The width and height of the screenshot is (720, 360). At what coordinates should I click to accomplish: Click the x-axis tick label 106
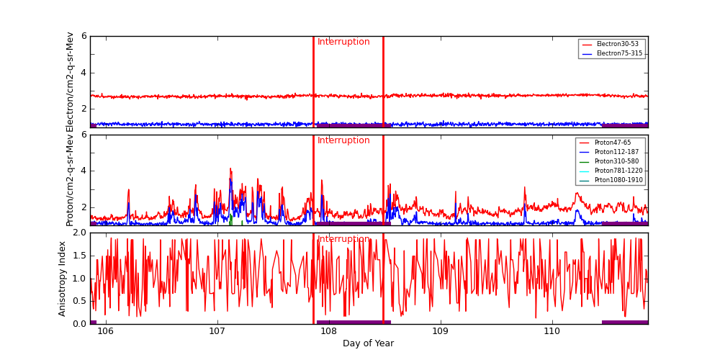tap(106, 332)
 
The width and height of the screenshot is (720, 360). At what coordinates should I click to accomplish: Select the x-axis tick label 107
tap(217, 332)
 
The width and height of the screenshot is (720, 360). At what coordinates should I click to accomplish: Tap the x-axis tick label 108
tap(329, 332)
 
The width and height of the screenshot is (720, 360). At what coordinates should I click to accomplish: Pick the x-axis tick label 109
tap(441, 332)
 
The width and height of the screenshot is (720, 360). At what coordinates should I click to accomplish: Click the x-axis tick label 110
tap(552, 332)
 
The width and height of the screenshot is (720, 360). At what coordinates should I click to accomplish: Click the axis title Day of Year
tap(368, 344)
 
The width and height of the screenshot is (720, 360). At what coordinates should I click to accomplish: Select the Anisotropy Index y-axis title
tap(63, 278)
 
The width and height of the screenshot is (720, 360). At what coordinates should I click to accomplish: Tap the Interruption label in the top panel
tap(343, 42)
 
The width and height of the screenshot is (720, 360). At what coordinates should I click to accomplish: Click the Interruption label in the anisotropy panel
tap(343, 240)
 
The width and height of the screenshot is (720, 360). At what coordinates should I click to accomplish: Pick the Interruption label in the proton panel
tap(343, 141)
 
